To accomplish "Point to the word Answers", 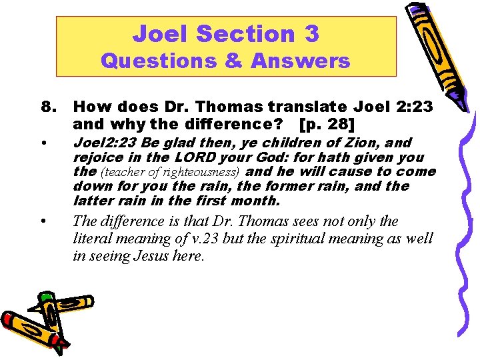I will [300, 61].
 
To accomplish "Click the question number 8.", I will [48, 107].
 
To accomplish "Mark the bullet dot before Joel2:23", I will [43, 143].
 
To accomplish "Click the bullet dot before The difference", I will [43, 221].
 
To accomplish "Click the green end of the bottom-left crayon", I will [45, 296].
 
